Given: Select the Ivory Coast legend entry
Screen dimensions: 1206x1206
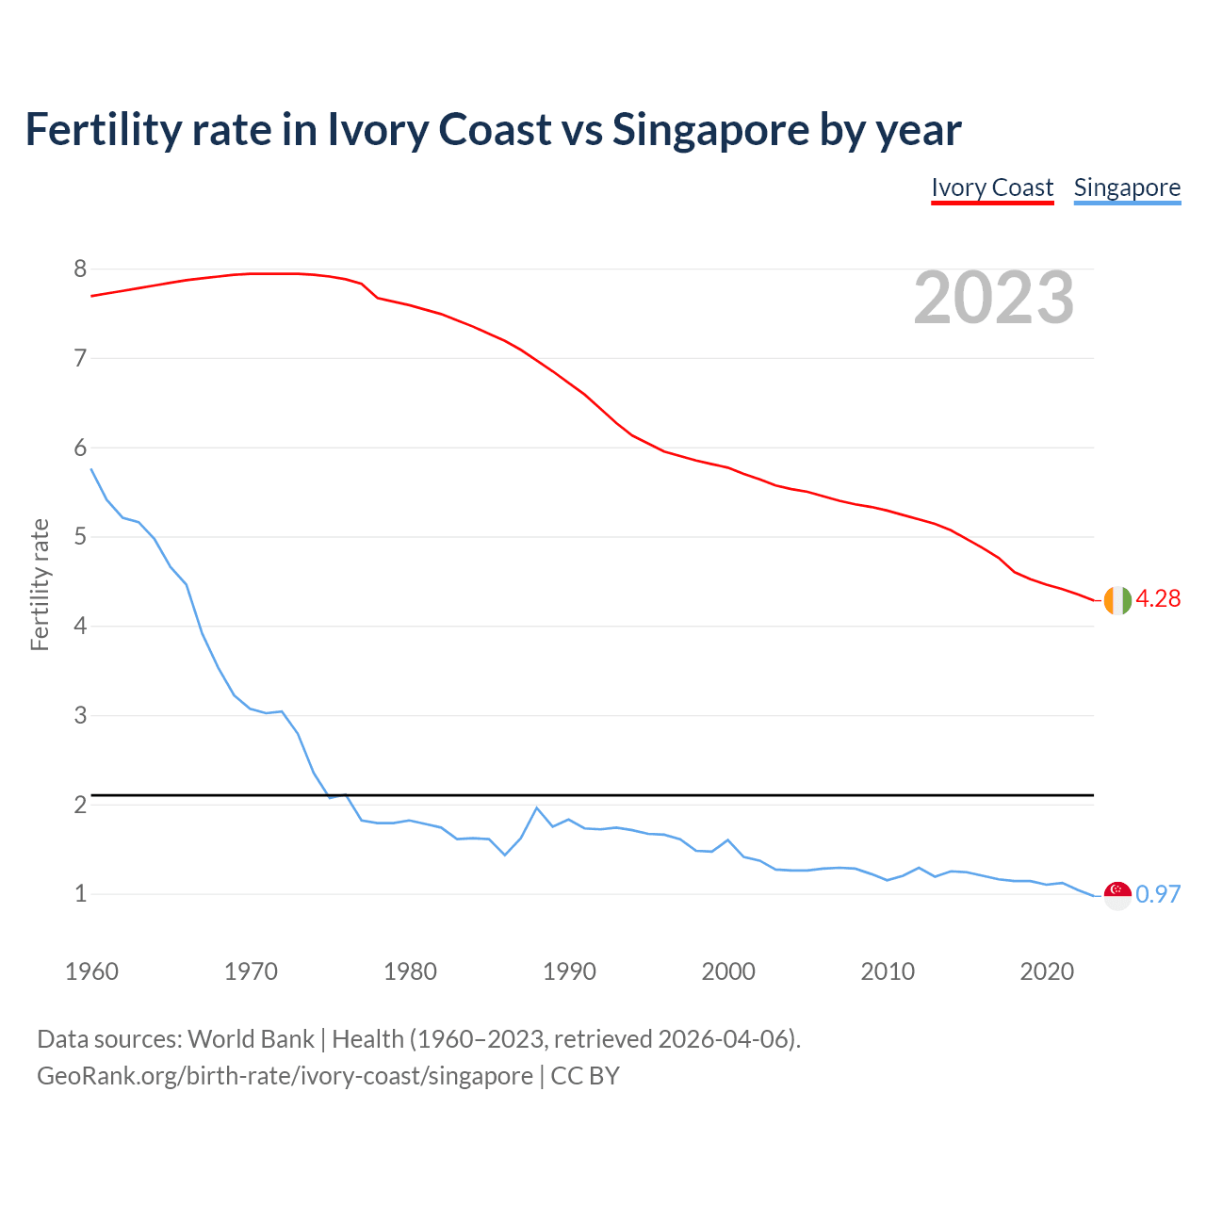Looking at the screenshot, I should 992,187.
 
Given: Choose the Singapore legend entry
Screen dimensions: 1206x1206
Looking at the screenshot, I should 1127,187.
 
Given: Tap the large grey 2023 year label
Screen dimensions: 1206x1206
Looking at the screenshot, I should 994,298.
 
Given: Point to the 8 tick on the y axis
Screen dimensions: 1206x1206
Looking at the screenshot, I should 80,269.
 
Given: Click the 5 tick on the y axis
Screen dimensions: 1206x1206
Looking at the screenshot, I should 80,537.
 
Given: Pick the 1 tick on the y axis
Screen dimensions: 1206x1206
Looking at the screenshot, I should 80,893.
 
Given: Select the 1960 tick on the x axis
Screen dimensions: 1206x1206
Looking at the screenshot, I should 91,971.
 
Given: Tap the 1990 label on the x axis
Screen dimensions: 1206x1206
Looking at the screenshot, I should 569,971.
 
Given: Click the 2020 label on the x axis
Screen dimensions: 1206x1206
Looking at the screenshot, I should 1047,971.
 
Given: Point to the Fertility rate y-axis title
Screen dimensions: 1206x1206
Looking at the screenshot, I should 40,584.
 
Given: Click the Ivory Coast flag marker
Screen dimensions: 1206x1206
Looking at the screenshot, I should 1117,600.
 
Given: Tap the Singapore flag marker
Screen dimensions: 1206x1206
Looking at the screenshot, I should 1117,895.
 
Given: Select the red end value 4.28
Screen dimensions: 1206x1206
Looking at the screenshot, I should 1158,599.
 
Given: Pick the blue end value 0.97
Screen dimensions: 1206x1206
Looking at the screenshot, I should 1158,894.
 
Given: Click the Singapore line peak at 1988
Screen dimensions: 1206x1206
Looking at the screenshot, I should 537,808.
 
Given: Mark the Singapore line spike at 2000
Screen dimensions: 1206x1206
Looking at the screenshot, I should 727,839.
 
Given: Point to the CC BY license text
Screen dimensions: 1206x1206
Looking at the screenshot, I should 585,1076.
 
